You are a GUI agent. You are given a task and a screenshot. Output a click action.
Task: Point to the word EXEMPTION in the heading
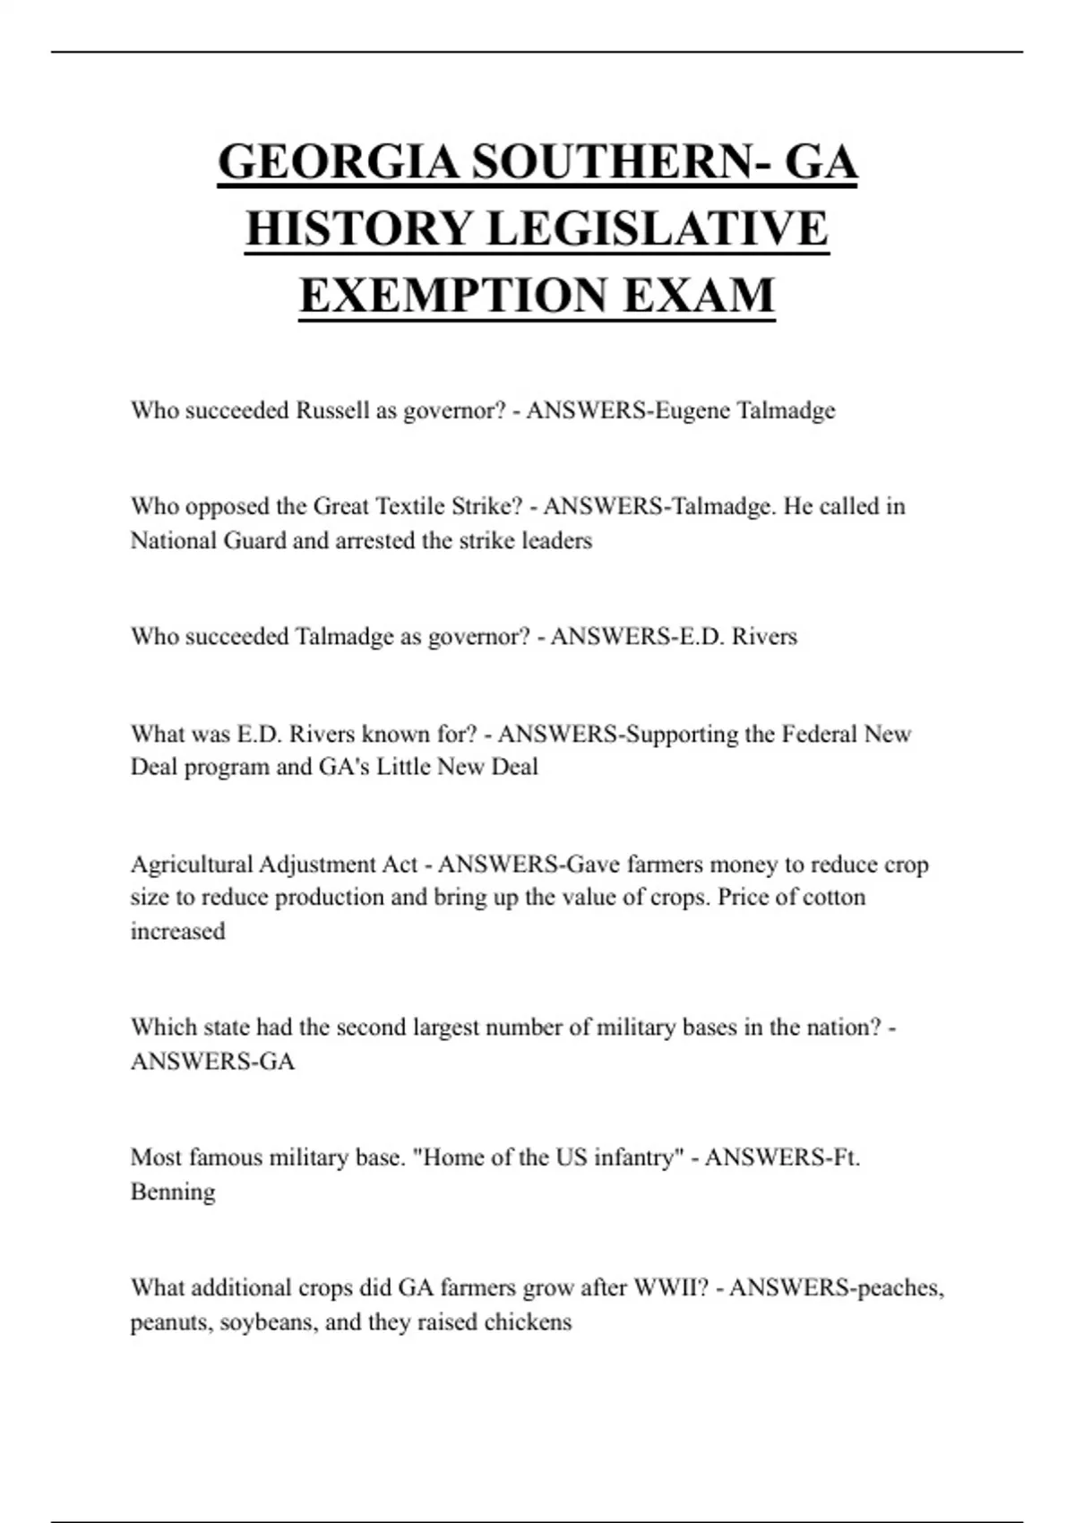point(453,295)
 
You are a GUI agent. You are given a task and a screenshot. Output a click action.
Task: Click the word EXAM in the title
point(698,295)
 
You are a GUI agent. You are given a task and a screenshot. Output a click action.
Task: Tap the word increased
point(177,932)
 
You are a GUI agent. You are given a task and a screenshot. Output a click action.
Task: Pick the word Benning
point(173,1192)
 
